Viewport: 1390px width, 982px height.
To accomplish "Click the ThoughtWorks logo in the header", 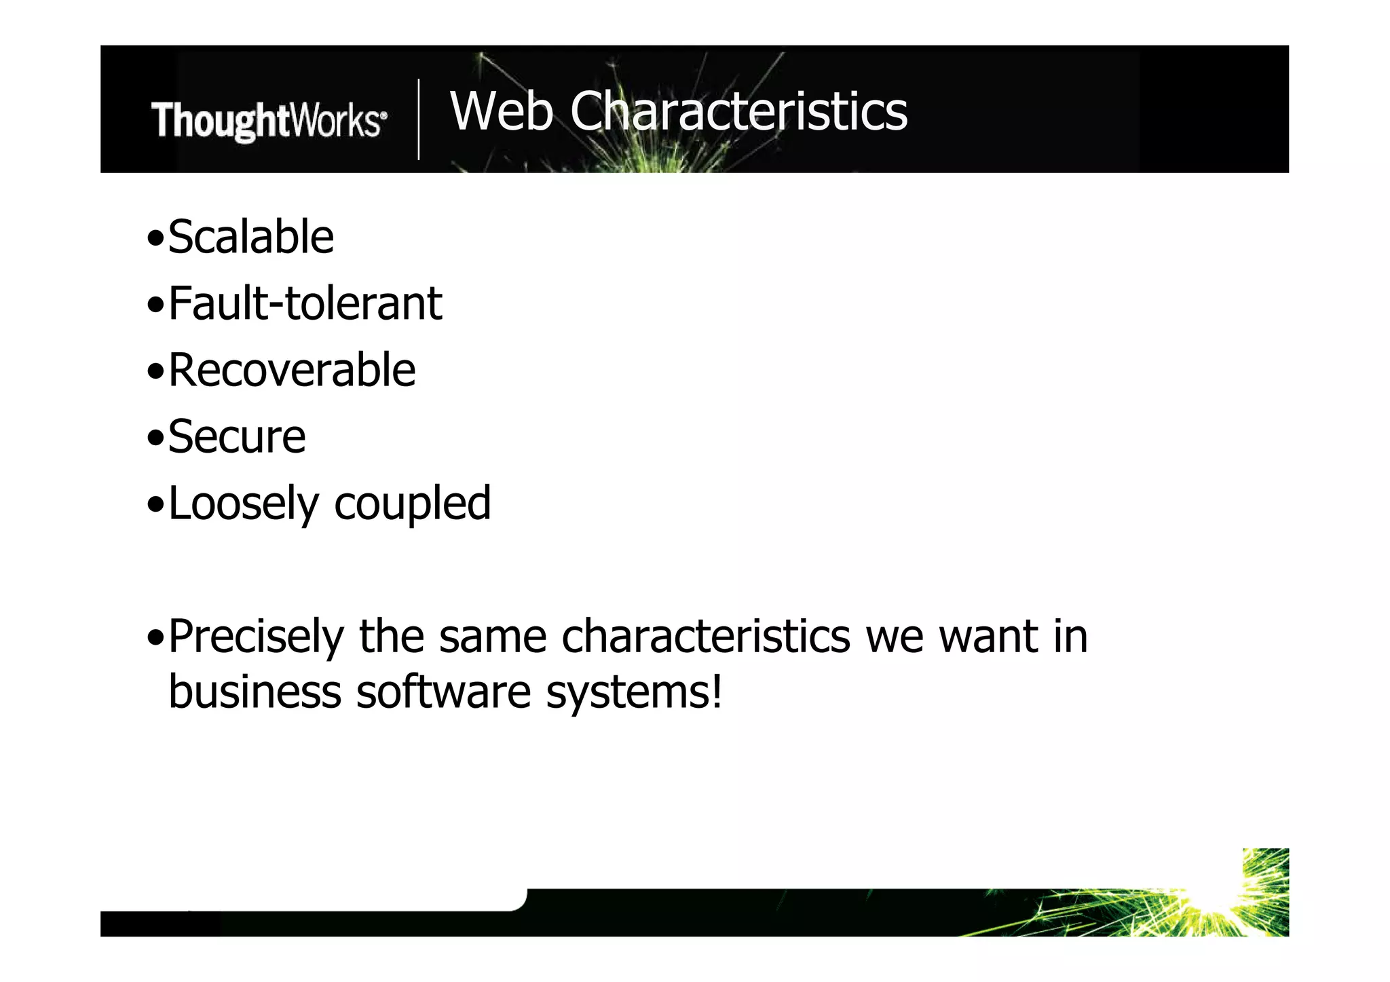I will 269,121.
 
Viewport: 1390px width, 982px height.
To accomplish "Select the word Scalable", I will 250,238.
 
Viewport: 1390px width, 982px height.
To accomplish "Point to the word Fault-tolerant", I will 305,303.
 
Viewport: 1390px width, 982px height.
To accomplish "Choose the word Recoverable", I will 292,371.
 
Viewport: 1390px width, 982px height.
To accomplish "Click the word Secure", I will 237,436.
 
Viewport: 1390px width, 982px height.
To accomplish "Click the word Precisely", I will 256,637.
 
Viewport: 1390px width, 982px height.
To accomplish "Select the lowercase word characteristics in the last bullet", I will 706,637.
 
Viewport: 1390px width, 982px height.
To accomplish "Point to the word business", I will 255,692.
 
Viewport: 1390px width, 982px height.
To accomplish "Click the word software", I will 443,692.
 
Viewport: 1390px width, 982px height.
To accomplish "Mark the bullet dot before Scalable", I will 155,239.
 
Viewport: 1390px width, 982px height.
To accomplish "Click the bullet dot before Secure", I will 155,438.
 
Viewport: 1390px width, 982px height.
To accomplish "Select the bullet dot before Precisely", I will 155,638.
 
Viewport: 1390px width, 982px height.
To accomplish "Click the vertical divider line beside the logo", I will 419,119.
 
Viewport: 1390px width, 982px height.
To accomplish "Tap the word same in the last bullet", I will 493,637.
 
